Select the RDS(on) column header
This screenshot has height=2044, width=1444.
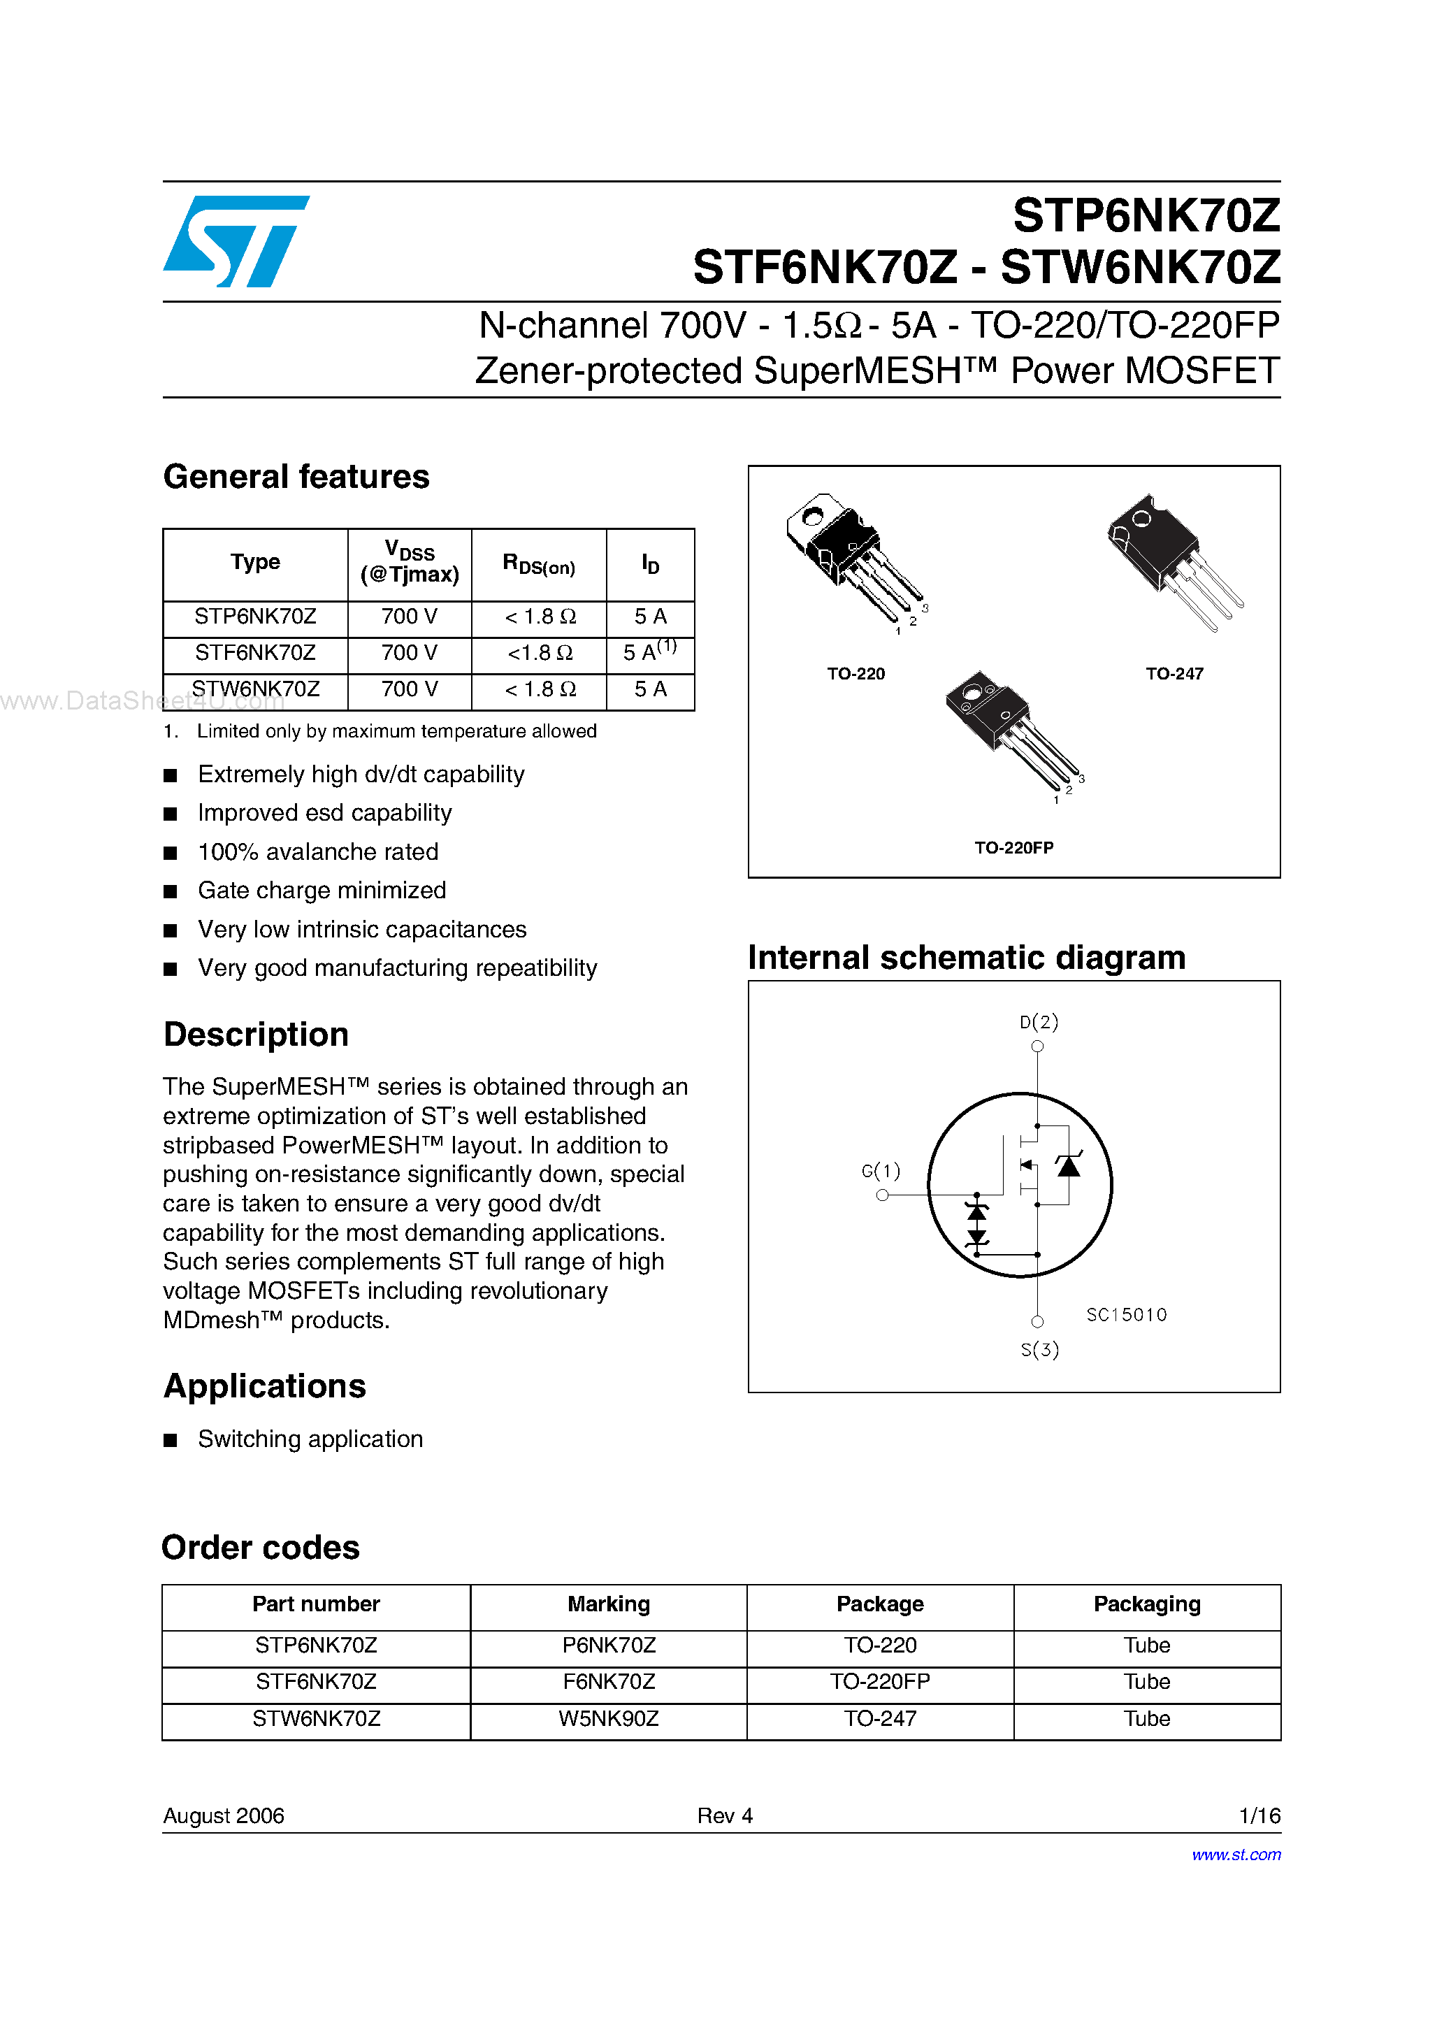[539, 564]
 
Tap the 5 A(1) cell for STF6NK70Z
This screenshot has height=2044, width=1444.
[649, 652]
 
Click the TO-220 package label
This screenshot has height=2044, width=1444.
[855, 674]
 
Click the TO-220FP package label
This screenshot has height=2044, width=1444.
[1013, 847]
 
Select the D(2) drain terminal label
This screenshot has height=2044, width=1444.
[1039, 1022]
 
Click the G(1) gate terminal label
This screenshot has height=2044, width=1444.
[881, 1171]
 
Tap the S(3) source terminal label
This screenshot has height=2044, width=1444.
[1039, 1350]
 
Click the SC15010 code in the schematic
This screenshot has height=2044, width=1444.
[1126, 1315]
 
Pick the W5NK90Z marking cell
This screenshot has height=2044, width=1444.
[608, 1718]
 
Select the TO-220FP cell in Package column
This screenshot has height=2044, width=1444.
[879, 1682]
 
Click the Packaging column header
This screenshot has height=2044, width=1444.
[1147, 1604]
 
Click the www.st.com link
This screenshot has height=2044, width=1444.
[1236, 1855]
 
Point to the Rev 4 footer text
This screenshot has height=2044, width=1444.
[725, 1815]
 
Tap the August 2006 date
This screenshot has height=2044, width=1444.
[224, 1815]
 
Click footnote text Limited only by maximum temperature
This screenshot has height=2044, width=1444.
[396, 731]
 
